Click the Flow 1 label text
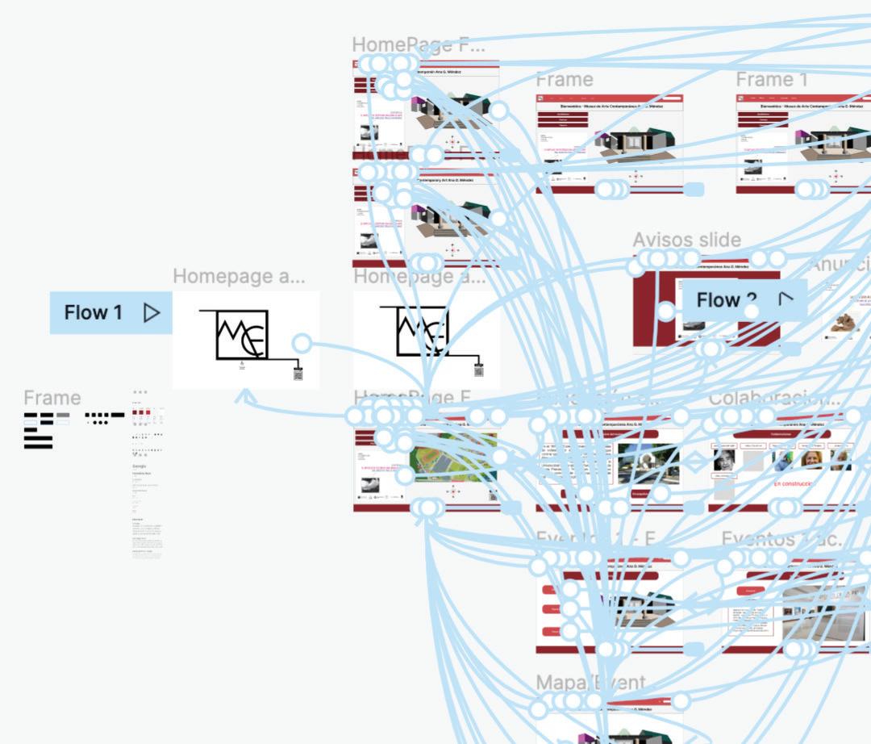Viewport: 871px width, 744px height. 93,312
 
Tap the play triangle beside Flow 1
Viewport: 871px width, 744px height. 152,312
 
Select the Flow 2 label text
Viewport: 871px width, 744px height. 718,300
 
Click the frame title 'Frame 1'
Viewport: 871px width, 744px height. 771,80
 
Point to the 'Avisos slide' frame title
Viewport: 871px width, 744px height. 686,240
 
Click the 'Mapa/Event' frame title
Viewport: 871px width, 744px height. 590,683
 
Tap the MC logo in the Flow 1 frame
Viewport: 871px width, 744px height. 240,334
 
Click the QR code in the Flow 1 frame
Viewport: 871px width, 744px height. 298,374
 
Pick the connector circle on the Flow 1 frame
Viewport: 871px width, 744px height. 301,343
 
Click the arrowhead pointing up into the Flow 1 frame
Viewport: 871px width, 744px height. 247,396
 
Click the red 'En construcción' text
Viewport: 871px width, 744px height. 794,483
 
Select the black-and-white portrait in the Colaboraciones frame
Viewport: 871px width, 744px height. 723,460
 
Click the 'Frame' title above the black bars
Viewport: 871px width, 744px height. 52,398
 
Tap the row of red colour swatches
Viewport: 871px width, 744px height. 141,413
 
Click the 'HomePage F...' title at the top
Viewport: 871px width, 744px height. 418,45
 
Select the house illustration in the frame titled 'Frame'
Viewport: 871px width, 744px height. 633,143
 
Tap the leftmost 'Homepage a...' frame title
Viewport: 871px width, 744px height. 239,276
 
